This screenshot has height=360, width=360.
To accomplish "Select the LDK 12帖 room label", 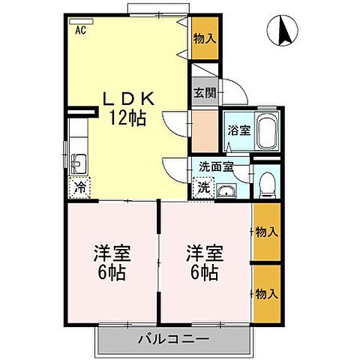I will coord(128,107).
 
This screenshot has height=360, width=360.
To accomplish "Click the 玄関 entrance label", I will coord(204,94).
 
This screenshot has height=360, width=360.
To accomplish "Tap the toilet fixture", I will coord(266,182).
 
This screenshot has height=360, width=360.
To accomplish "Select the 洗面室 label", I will coord(216,166).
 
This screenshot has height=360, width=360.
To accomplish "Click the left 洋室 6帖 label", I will coord(112,262).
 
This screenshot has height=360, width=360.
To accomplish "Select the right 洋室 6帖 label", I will coord(203,262).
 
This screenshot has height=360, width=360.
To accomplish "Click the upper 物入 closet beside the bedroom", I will coord(266,232).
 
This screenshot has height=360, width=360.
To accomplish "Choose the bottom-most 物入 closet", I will coord(266,292).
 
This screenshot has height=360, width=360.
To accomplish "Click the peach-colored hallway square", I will coord(204,130).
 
